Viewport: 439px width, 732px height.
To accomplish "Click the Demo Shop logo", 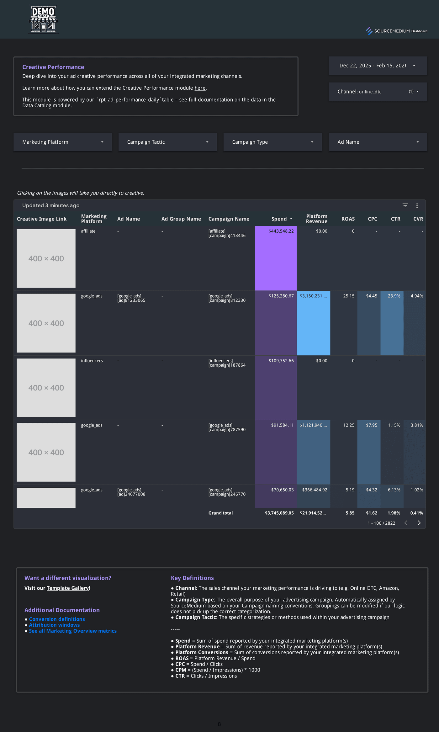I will click(43, 19).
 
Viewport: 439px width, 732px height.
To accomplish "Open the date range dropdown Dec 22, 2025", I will click(378, 66).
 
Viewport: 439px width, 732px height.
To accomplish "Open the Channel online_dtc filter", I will click(378, 92).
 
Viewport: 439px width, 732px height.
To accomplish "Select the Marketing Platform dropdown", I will click(62, 142).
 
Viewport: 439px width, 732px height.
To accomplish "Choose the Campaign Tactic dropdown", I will click(167, 142).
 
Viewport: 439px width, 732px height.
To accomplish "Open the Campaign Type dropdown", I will click(272, 142).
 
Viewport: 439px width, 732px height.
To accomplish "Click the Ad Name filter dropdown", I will click(378, 142).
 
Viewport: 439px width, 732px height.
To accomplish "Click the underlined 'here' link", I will click(200, 88).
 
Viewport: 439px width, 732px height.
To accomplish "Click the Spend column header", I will click(279, 219).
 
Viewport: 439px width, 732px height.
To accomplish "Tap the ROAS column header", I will click(348, 219).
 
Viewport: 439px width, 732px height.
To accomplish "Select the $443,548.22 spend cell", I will click(281, 231).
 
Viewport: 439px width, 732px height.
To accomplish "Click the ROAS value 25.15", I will click(348, 296).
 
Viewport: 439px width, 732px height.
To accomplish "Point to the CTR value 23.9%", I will click(394, 296).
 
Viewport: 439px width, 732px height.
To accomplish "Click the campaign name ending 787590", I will click(227, 427).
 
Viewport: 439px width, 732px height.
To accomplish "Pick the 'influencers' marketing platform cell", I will click(92, 361).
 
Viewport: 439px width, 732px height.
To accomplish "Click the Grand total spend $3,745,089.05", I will click(279, 513).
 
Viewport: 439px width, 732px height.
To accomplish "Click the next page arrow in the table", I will click(419, 523).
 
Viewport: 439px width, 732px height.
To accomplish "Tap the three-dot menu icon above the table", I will click(417, 206).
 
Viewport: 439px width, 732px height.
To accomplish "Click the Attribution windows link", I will click(54, 625).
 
